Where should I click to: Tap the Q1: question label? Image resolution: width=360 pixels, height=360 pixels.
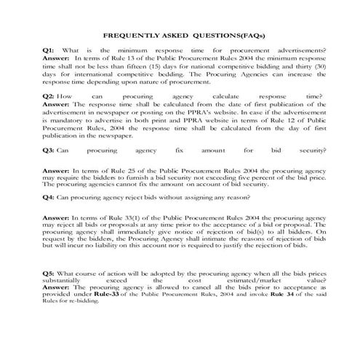pos(49,49)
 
